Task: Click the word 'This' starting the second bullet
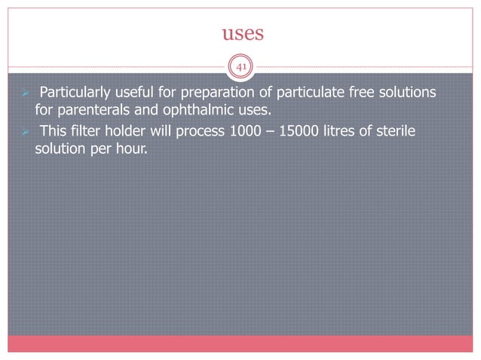coord(53,133)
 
